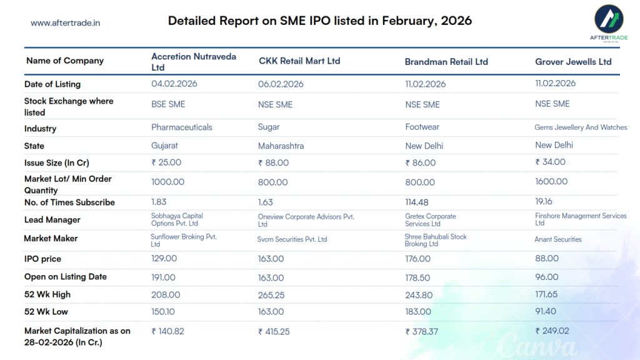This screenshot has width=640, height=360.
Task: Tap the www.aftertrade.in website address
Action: pyautogui.click(x=65, y=23)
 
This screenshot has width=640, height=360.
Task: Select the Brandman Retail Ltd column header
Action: pyautogui.click(x=446, y=62)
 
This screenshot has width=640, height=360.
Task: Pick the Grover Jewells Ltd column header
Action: pyautogui.click(x=573, y=62)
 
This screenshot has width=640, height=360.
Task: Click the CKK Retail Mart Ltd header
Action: pyautogui.click(x=299, y=61)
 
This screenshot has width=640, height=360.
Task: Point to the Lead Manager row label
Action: pyautogui.click(x=52, y=220)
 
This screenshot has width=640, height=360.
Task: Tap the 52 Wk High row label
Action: pyautogui.click(x=47, y=294)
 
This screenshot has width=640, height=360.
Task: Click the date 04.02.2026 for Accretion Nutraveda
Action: pyautogui.click(x=174, y=84)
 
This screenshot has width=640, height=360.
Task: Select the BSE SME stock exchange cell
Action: pyautogui.click(x=168, y=104)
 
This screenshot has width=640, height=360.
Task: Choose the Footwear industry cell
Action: pyautogui.click(x=422, y=127)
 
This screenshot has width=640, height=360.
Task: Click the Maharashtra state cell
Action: pyautogui.click(x=281, y=146)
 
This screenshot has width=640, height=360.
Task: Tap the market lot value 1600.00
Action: pyautogui.click(x=551, y=182)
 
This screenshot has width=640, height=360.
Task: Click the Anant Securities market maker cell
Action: pyautogui.click(x=558, y=239)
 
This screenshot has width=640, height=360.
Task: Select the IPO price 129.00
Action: pyautogui.click(x=164, y=259)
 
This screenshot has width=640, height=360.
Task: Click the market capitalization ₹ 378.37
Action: pyautogui.click(x=423, y=332)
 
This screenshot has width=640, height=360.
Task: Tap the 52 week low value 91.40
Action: pyautogui.click(x=547, y=311)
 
